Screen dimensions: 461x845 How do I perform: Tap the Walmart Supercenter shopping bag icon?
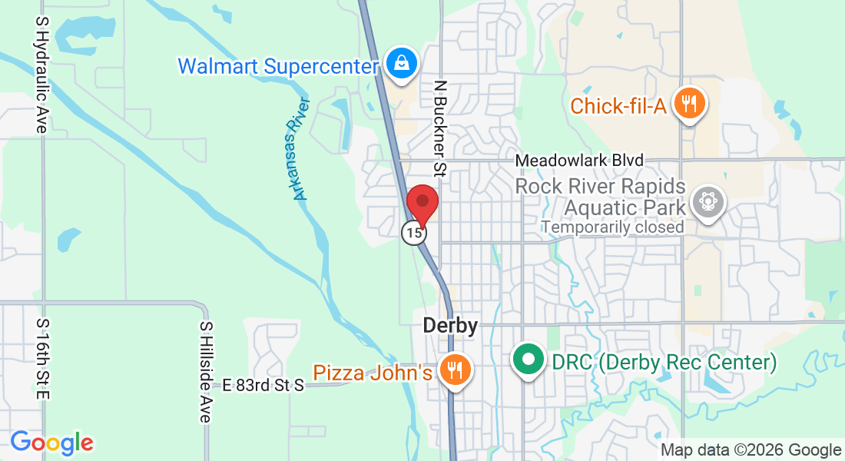pos(402,64)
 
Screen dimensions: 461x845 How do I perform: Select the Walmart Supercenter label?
pos(279,65)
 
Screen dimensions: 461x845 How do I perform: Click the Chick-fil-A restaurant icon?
pos(689,103)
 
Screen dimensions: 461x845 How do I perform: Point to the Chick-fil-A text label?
pos(618,106)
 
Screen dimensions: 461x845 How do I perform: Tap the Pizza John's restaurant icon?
pos(455,371)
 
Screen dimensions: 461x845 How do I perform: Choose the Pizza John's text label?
pos(373,373)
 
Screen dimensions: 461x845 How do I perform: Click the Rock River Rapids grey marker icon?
pos(707,202)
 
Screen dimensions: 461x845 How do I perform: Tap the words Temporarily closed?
pos(612,227)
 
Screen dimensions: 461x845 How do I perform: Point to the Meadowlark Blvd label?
pos(579,161)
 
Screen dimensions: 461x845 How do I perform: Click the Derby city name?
pos(450,326)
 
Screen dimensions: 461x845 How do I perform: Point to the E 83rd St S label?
pos(263,385)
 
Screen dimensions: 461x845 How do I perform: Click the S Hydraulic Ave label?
pos(41,75)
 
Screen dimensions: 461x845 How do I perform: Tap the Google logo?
pos(51,443)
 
